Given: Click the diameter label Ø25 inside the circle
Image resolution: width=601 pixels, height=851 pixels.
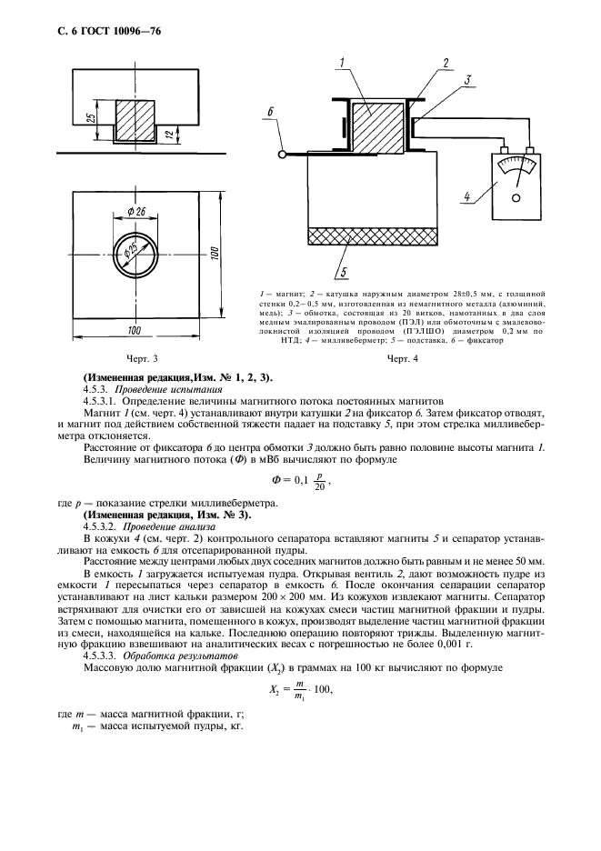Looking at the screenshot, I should pyautogui.click(x=134, y=252).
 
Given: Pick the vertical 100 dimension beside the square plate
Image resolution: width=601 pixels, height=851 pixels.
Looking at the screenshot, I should pyautogui.click(x=215, y=252).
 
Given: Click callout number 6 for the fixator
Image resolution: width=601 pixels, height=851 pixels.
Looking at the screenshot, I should pyautogui.click(x=270, y=112).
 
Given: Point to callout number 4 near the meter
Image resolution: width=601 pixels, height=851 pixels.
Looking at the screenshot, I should pyautogui.click(x=466, y=195).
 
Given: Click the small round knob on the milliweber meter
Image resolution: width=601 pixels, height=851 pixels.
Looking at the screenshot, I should pyautogui.click(x=516, y=196).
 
